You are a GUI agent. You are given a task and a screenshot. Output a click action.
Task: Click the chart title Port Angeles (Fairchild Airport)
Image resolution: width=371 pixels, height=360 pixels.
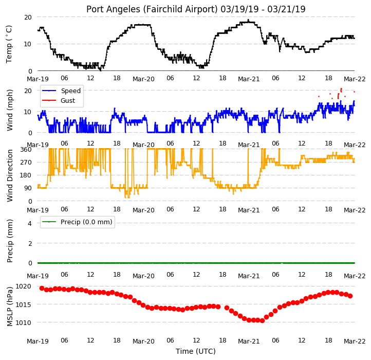pos(152,9)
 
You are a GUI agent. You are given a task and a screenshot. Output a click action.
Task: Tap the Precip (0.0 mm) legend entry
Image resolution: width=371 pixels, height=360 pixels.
pos(77,222)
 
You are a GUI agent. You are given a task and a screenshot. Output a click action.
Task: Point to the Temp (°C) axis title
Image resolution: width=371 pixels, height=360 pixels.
pos(9,44)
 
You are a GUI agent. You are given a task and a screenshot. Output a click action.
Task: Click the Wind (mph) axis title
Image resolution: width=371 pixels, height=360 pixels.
pos(9,110)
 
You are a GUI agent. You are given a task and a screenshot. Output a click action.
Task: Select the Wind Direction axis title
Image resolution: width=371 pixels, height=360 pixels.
pos(9,175)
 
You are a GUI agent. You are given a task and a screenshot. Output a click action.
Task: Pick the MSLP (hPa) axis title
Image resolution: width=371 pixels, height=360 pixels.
pos(9,307)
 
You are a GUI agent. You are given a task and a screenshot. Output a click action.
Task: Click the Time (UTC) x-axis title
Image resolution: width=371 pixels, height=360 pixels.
pos(196,351)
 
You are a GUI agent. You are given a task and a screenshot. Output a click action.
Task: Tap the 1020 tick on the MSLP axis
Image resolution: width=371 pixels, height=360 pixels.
pos(23,286)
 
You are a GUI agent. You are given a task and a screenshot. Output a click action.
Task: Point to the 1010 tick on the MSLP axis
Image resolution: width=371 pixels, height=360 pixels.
pos(23,322)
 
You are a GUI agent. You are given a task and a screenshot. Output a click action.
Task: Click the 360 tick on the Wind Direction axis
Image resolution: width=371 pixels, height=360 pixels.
pos(26,150)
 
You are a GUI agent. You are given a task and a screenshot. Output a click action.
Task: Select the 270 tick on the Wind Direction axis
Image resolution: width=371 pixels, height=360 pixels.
pos(26,163)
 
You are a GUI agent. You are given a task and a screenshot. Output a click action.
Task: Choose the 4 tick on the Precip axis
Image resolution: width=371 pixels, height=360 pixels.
pos(30,223)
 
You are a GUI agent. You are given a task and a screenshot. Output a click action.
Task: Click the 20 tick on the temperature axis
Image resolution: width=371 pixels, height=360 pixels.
pos(28,17)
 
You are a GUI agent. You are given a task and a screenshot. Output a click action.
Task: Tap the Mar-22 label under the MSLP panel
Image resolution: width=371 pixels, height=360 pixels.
pos(355,341)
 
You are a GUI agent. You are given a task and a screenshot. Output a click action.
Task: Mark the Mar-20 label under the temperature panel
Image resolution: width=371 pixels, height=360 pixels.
pos(143,79)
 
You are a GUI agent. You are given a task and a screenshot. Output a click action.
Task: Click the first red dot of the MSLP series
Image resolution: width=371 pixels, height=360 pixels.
pos(42,288)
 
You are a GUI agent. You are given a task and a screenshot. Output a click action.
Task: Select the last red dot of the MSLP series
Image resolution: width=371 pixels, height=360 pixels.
pos(350,296)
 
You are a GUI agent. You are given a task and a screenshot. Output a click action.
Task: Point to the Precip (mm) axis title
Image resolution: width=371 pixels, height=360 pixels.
pos(9,241)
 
